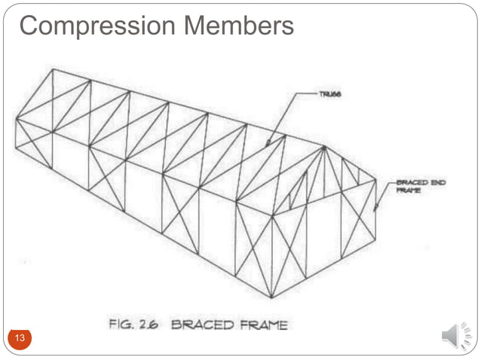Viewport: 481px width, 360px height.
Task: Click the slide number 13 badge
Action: coord(20,338)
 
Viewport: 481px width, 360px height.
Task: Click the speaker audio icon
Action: coord(455,334)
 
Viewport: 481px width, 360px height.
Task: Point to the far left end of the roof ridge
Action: coord(52,69)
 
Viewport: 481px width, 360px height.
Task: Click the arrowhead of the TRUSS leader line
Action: coord(269,142)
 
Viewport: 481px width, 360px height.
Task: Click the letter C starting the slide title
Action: coord(28,26)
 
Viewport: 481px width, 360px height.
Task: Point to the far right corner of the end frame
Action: coord(375,180)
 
